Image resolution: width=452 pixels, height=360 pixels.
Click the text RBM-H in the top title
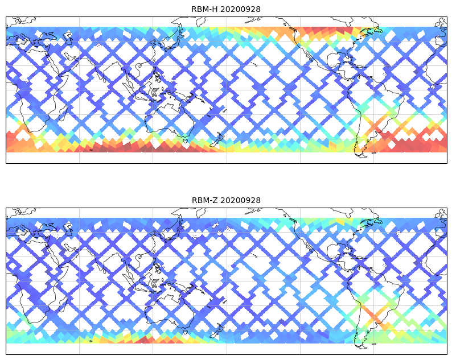pos(204,9)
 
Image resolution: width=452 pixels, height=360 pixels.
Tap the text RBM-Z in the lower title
pos(204,200)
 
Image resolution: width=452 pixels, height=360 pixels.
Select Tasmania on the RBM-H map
pos(183,138)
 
